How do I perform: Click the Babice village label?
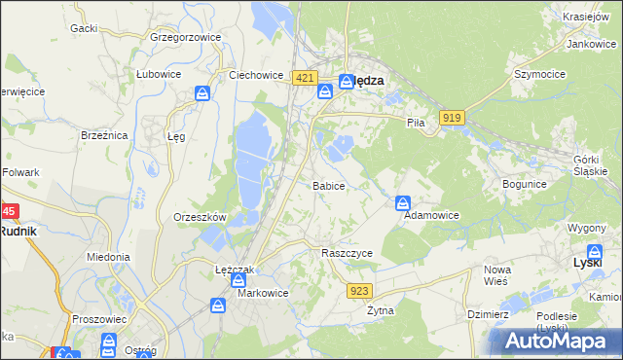pyautogui.click(x=328, y=185)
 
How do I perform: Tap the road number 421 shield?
pyautogui.click(x=305, y=78)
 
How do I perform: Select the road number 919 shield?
pyautogui.click(x=450, y=117)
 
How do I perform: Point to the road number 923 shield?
pyautogui.click(x=359, y=290)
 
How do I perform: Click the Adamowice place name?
pyautogui.click(x=431, y=215)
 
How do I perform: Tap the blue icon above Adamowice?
pyautogui.click(x=402, y=202)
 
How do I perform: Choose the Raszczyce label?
pyautogui.click(x=348, y=252)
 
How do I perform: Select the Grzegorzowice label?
pyautogui.click(x=186, y=37)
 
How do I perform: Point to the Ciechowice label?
pyautogui.click(x=255, y=74)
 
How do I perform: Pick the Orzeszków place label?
pyautogui.click(x=200, y=217)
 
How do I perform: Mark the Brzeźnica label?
pyautogui.click(x=105, y=136)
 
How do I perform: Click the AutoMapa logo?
pyautogui.click(x=556, y=341)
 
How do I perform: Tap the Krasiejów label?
pyautogui.click(x=585, y=18)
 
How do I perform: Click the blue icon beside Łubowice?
pyautogui.click(x=202, y=93)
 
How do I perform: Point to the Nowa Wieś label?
pyautogui.click(x=498, y=275)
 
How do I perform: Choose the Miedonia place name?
pyautogui.click(x=108, y=257)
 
